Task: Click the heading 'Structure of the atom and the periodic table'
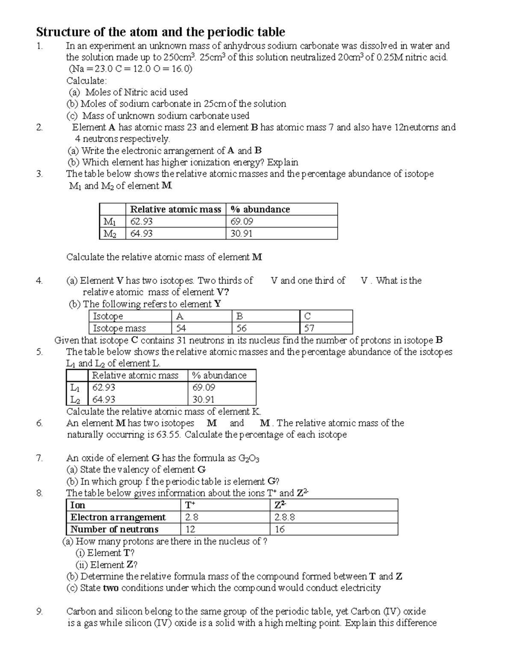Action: pyautogui.click(x=160, y=32)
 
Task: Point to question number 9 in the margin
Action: pyautogui.click(x=39, y=611)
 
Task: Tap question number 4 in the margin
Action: pyautogui.click(x=39, y=280)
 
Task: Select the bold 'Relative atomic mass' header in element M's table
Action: pyautogui.click(x=175, y=209)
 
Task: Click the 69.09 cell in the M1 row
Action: pyautogui.click(x=242, y=221)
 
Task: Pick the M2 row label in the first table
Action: pyautogui.click(x=110, y=233)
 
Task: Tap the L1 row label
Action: pyautogui.click(x=75, y=387)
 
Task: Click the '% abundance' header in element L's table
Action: pyautogui.click(x=219, y=375)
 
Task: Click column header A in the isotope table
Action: pyautogui.click(x=180, y=316)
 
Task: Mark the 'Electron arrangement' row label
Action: pyautogui.click(x=118, y=517)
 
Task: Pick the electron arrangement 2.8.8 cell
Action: pyautogui.click(x=285, y=517)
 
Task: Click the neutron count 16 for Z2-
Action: pyautogui.click(x=280, y=529)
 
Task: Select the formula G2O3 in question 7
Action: pyautogui.click(x=249, y=458)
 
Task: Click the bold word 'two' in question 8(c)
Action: pyautogui.click(x=111, y=588)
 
